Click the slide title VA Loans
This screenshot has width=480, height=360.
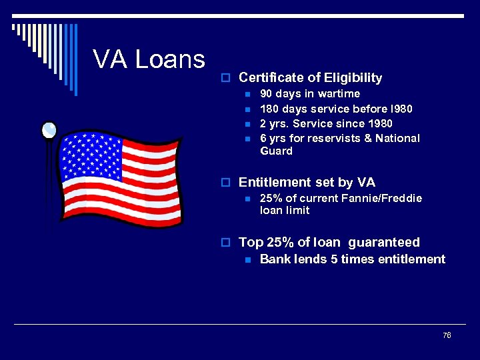(x=149, y=59)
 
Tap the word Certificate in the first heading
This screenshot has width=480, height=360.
(x=269, y=78)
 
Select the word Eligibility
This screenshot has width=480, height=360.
(x=353, y=78)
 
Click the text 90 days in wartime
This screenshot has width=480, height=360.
(x=309, y=94)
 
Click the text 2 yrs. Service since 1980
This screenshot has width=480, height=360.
(x=326, y=123)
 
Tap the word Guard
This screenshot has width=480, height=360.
(x=276, y=151)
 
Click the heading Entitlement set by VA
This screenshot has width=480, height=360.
(x=307, y=182)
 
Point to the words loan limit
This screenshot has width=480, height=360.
(x=285, y=211)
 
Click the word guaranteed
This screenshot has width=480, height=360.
(x=384, y=242)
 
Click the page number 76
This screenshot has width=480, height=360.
(x=447, y=335)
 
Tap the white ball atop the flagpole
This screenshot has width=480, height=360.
(x=49, y=129)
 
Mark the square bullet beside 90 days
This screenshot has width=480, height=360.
(x=247, y=95)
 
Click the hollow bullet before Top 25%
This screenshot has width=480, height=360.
(x=227, y=243)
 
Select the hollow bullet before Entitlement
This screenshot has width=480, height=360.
(x=227, y=183)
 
